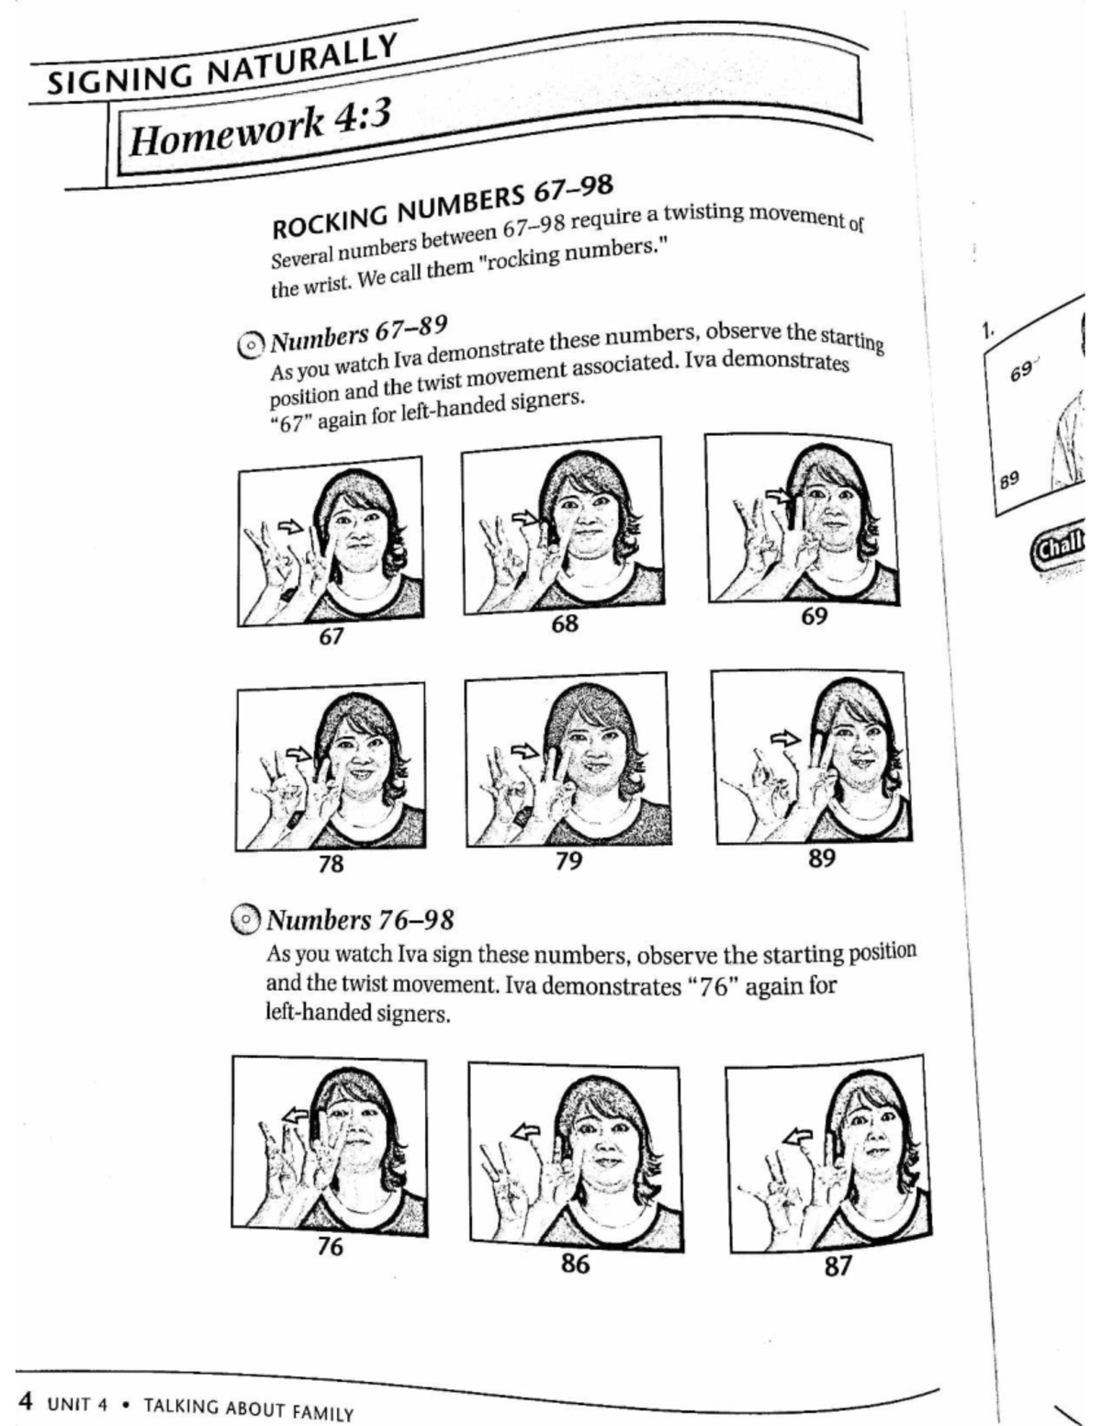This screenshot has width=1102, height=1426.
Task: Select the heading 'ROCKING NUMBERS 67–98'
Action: point(442,203)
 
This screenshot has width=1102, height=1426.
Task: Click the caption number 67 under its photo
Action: point(331,636)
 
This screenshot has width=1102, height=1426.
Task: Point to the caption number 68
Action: point(565,623)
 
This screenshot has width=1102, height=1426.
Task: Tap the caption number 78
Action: point(331,863)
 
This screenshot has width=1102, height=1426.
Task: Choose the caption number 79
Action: point(568,860)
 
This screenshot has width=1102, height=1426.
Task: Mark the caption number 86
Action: point(575,1263)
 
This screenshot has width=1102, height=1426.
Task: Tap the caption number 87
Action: point(837,1266)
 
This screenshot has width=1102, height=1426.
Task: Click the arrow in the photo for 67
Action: point(289,526)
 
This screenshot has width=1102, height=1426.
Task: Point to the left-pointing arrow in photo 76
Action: point(295,1115)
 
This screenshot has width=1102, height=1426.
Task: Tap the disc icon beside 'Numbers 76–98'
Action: point(246,920)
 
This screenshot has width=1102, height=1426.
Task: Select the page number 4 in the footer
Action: point(27,1401)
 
